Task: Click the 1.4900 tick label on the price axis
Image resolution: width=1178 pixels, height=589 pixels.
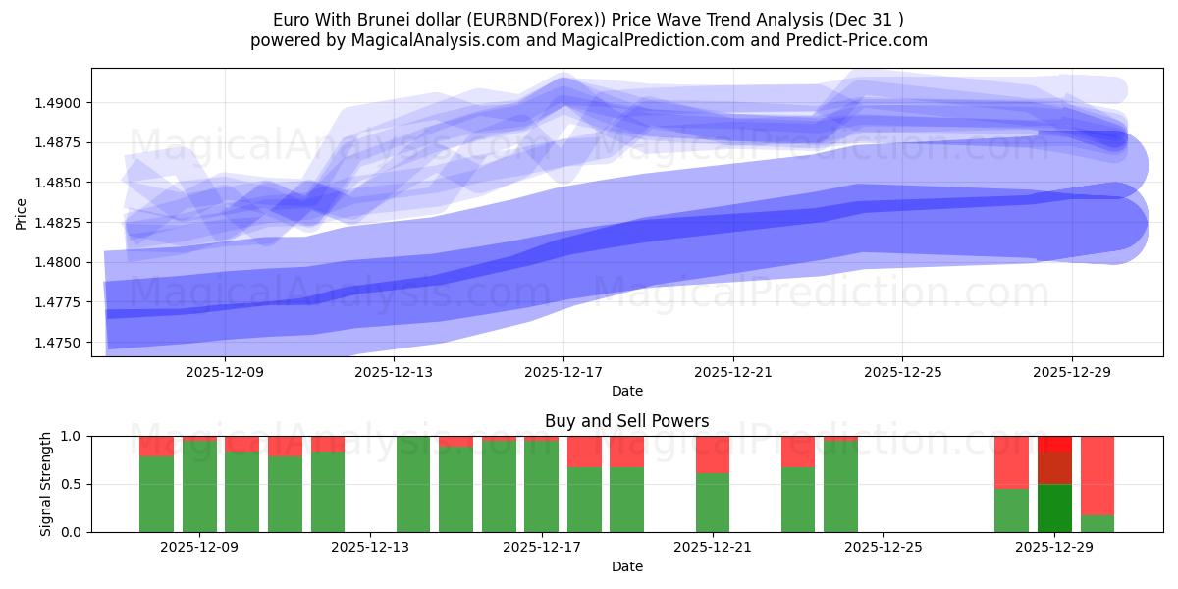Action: tap(62, 103)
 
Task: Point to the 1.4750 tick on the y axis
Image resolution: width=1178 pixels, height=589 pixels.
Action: tap(62, 343)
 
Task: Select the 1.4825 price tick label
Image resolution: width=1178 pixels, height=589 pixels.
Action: tap(62, 223)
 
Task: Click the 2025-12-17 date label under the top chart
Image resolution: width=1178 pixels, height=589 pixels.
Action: tap(563, 372)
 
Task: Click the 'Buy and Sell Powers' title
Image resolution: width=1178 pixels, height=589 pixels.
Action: tap(627, 421)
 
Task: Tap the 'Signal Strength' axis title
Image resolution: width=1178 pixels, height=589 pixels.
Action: tap(46, 483)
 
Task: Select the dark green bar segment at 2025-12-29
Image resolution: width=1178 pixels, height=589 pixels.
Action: tap(1054, 508)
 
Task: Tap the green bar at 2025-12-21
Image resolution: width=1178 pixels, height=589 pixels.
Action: tap(713, 503)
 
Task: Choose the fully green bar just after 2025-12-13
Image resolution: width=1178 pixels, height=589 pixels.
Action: tap(413, 484)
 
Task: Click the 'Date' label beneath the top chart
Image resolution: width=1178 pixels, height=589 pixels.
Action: tap(627, 391)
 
